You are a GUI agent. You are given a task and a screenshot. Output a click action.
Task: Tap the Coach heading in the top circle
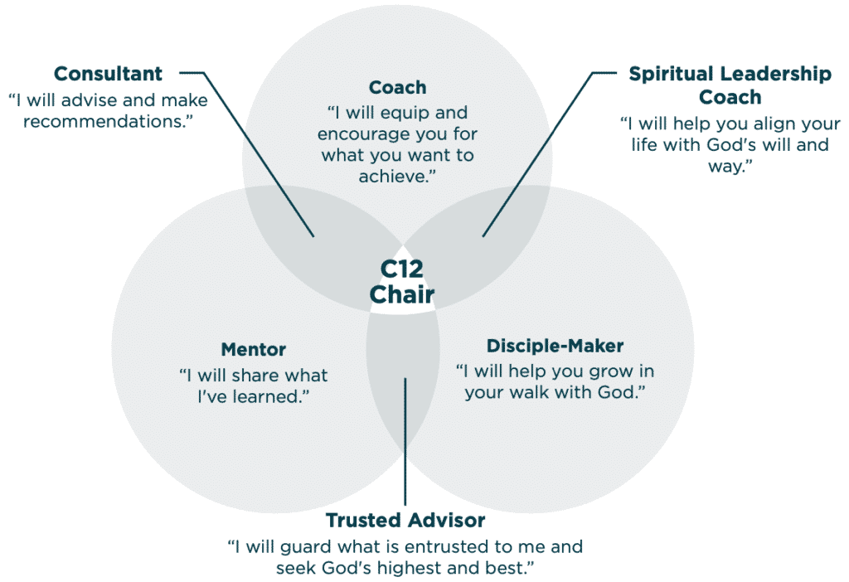click(397, 87)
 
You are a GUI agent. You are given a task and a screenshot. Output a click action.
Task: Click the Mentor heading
click(253, 350)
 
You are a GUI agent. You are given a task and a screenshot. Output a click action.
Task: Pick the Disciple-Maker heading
click(555, 346)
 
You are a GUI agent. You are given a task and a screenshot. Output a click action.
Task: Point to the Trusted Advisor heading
click(405, 521)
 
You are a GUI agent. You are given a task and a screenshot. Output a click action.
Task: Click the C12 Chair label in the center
click(402, 282)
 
